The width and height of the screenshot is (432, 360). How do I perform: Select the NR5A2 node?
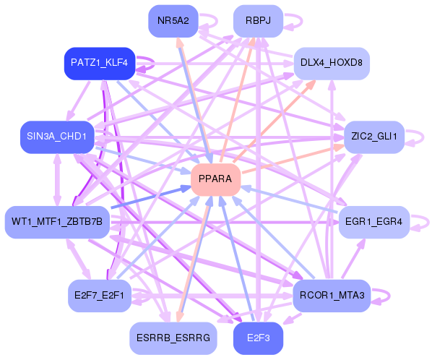tap(173, 20)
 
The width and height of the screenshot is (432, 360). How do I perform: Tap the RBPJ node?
tap(258, 20)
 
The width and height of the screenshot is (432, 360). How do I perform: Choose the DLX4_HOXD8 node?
tap(331, 62)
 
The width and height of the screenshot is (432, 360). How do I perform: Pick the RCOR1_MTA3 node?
tap(332, 296)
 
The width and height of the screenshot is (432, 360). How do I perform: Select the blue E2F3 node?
tap(258, 338)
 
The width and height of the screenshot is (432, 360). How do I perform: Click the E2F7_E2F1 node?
tap(99, 296)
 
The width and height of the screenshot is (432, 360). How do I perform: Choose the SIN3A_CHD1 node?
tap(57, 137)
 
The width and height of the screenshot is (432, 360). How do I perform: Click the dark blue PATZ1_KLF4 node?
tap(99, 63)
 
